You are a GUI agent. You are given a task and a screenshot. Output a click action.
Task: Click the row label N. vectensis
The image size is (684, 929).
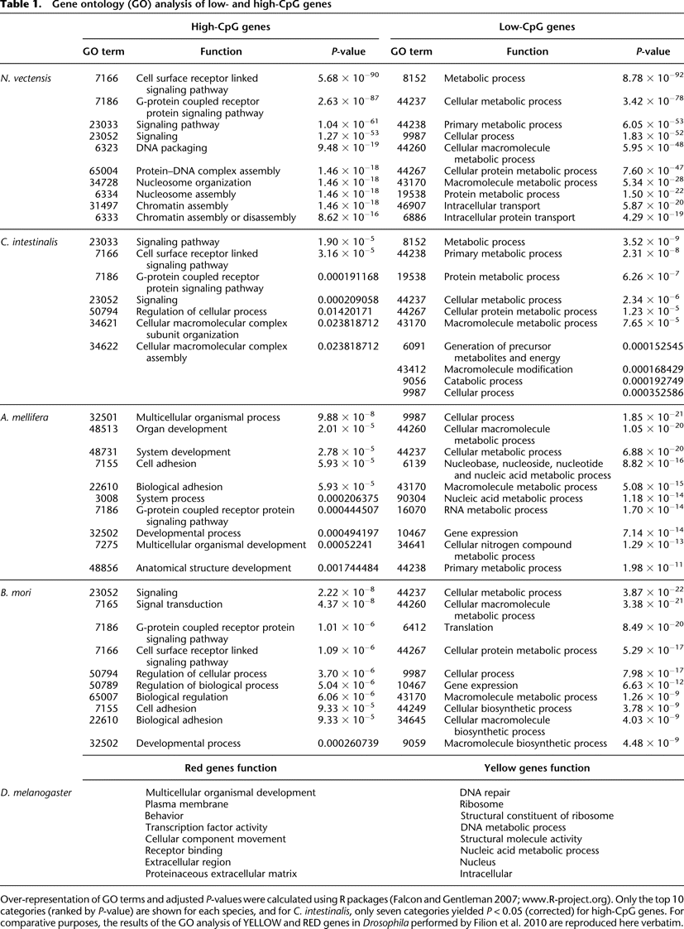(26, 79)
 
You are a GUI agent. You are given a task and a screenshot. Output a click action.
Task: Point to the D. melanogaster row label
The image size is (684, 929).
(38, 792)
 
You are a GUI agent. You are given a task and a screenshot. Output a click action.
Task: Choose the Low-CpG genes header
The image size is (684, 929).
(530, 26)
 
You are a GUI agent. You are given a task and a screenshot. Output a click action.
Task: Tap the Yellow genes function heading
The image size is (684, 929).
(530, 768)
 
